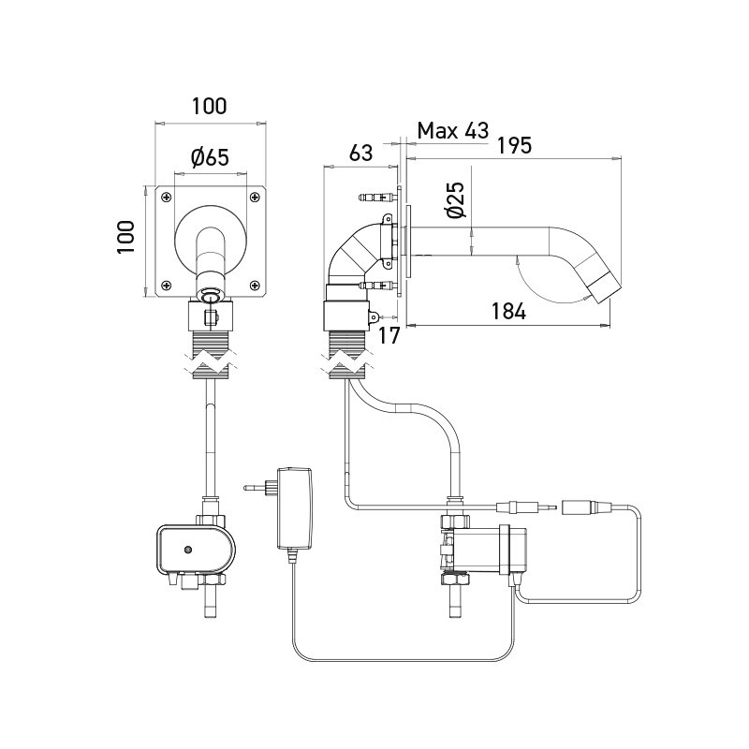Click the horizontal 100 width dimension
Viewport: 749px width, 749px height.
[208, 106]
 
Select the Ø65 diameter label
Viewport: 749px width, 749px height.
[209, 158]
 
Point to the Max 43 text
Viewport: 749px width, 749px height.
[453, 131]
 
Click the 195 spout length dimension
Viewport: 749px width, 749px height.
[515, 145]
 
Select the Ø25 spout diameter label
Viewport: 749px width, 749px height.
[454, 200]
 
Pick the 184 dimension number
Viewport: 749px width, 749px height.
[507, 312]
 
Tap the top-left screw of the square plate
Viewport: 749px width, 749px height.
[166, 197]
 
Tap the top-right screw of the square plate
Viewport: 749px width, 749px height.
[255, 197]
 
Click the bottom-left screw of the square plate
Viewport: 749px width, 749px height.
[166, 285]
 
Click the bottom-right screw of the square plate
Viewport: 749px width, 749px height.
[255, 285]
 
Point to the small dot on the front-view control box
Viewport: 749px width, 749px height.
[188, 550]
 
